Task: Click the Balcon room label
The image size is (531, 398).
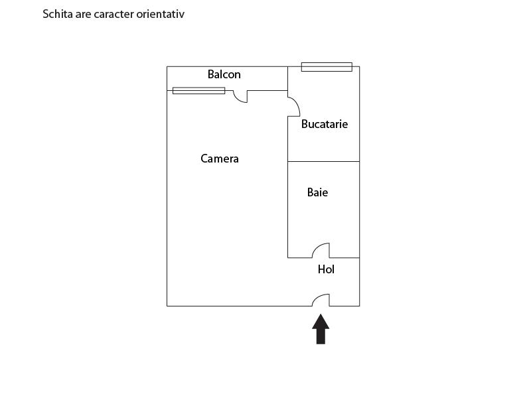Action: pyautogui.click(x=224, y=74)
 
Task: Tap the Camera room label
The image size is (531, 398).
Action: pyautogui.click(x=220, y=159)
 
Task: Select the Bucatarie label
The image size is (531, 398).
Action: pyautogui.click(x=325, y=124)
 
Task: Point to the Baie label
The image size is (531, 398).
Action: pyautogui.click(x=317, y=192)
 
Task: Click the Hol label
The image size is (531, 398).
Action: pyautogui.click(x=326, y=269)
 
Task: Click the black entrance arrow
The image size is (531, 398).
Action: pyautogui.click(x=321, y=329)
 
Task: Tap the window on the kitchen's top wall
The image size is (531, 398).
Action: pyautogui.click(x=327, y=66)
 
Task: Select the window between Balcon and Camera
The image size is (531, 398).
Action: pyautogui.click(x=198, y=90)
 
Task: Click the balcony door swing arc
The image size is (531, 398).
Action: pyautogui.click(x=240, y=97)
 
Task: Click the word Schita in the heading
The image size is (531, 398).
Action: pyautogui.click(x=57, y=13)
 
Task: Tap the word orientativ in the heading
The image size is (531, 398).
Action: pyautogui.click(x=161, y=13)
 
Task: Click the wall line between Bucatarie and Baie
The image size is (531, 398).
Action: pyautogui.click(x=323, y=161)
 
